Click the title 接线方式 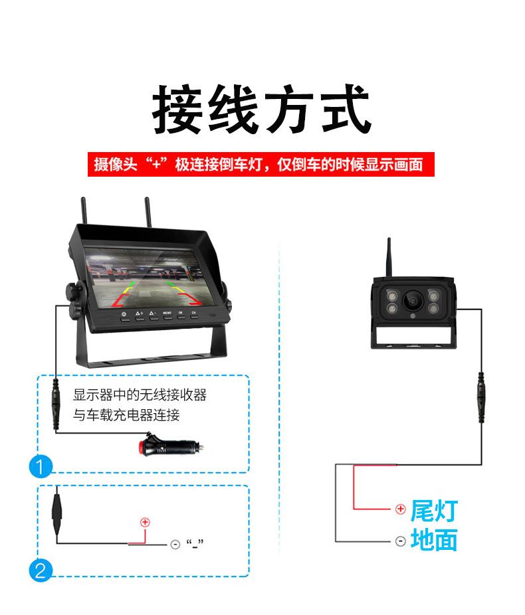(261, 110)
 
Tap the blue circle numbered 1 (40, 467)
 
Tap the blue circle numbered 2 (40, 571)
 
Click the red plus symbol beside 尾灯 (400, 509)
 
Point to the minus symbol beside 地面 (400, 541)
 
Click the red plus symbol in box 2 (145, 522)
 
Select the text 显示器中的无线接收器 (140, 396)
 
